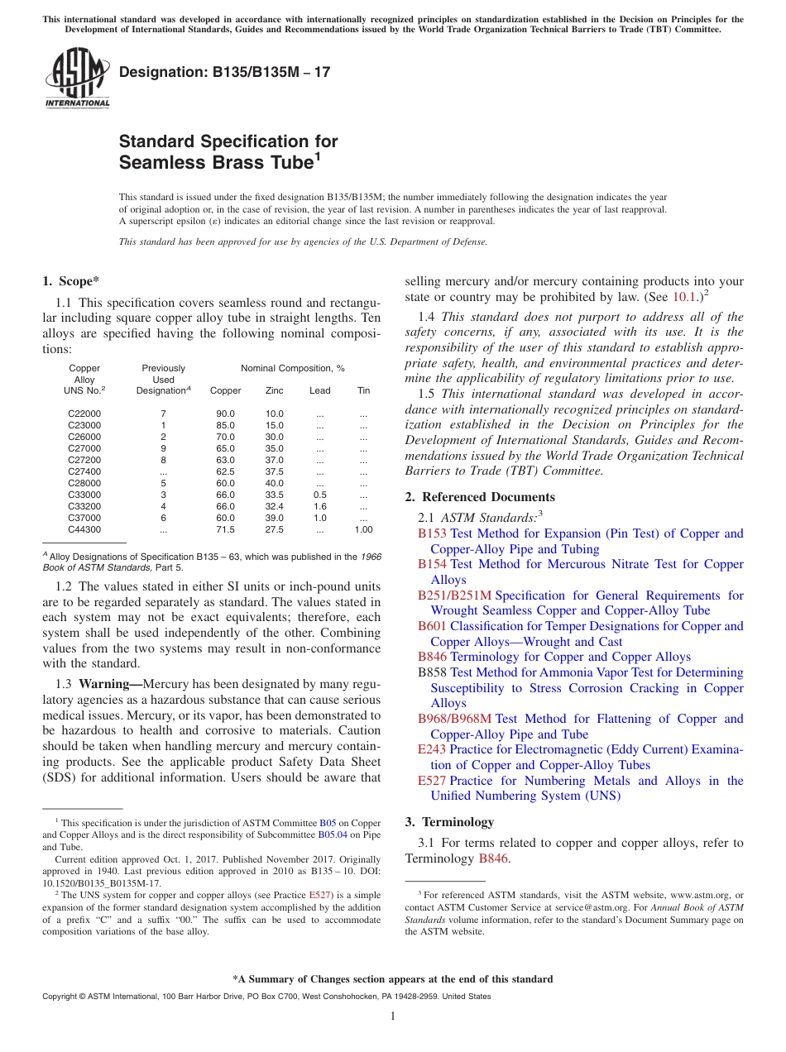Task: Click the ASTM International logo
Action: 76,79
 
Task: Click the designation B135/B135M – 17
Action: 224,72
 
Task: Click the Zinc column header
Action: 274,390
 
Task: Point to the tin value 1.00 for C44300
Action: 363,529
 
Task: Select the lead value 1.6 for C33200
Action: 319,506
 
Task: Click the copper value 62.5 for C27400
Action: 225,471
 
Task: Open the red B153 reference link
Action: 432,533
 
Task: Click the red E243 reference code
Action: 432,749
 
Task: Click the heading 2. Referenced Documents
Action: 480,497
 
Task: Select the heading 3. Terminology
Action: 449,822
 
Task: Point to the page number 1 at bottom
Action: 393,1016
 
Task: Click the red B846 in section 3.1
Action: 494,858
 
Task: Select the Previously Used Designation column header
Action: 163,380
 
